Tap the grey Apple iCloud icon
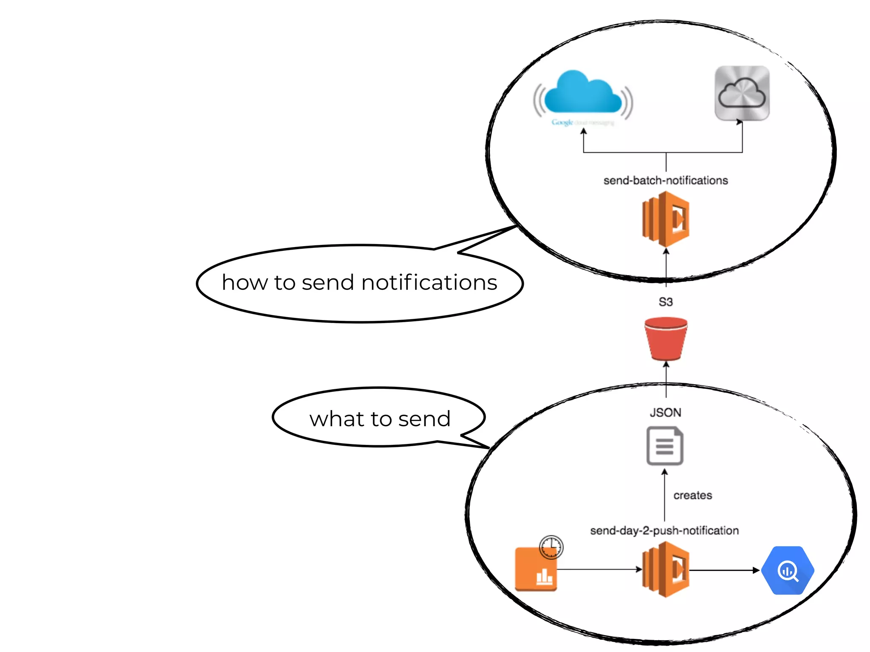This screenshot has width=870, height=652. coord(742,93)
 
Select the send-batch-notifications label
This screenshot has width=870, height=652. coord(665,180)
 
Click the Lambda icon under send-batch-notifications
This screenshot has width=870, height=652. coord(665,219)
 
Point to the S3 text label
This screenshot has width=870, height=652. coord(665,302)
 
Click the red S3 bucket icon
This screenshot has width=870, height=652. coord(665,338)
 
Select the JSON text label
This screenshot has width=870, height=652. coord(665,412)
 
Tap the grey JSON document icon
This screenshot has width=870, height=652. coord(664,446)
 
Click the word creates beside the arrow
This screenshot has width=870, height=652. coord(692,495)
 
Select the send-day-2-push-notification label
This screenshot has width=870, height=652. coord(664,530)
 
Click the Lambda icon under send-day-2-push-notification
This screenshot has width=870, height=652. coord(665,570)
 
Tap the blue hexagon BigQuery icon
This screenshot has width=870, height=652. coord(788,570)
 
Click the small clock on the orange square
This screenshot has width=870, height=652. coord(551,547)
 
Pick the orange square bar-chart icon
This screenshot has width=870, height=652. coord(536,571)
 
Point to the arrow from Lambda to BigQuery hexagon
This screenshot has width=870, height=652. coord(724,570)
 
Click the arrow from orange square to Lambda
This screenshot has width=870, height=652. coord(599,570)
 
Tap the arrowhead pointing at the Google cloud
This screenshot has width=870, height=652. coord(584,132)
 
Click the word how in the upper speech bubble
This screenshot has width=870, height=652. coord(244,283)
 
